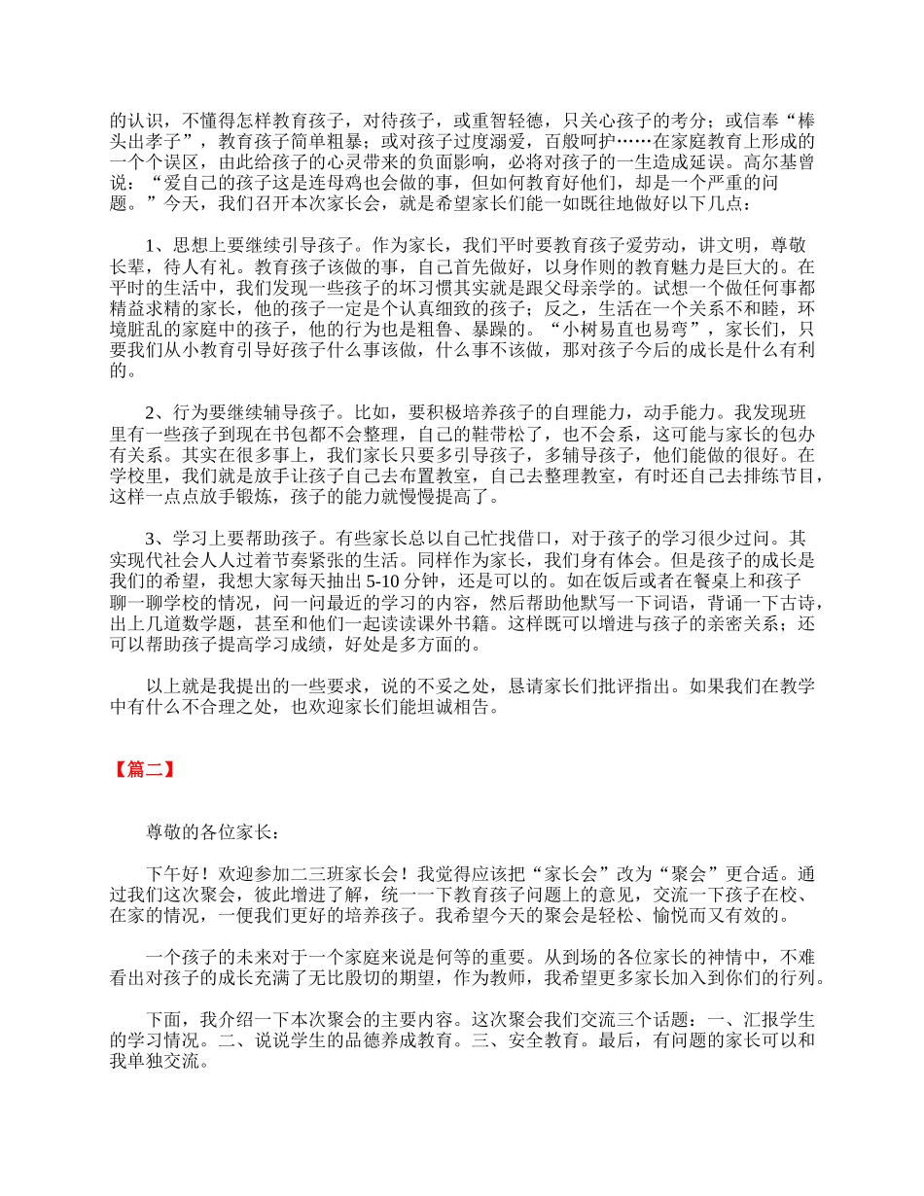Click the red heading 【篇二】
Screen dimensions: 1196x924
142,769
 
